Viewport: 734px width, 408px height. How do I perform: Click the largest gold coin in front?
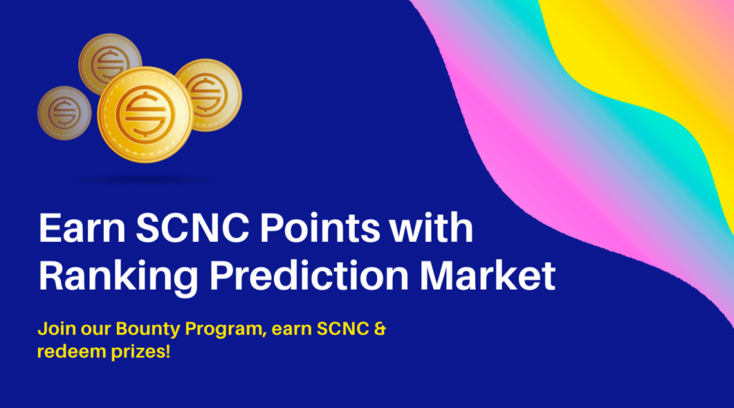click(x=145, y=115)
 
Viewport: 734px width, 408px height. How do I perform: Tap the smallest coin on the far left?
click(x=64, y=113)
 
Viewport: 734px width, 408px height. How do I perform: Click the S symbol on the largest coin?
click(x=145, y=115)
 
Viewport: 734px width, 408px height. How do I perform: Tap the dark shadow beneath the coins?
click(x=143, y=180)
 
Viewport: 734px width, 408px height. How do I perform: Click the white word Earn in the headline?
click(x=82, y=228)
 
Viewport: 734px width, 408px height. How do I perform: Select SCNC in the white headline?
click(x=192, y=228)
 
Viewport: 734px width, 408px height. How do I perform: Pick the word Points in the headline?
click(x=320, y=228)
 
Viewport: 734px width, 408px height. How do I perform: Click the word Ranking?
click(x=119, y=277)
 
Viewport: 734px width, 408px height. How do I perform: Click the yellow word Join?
click(x=56, y=329)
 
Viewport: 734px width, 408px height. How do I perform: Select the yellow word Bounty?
click(x=148, y=329)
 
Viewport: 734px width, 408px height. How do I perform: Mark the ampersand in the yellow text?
click(x=380, y=329)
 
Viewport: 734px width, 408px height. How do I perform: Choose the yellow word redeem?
click(x=72, y=351)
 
